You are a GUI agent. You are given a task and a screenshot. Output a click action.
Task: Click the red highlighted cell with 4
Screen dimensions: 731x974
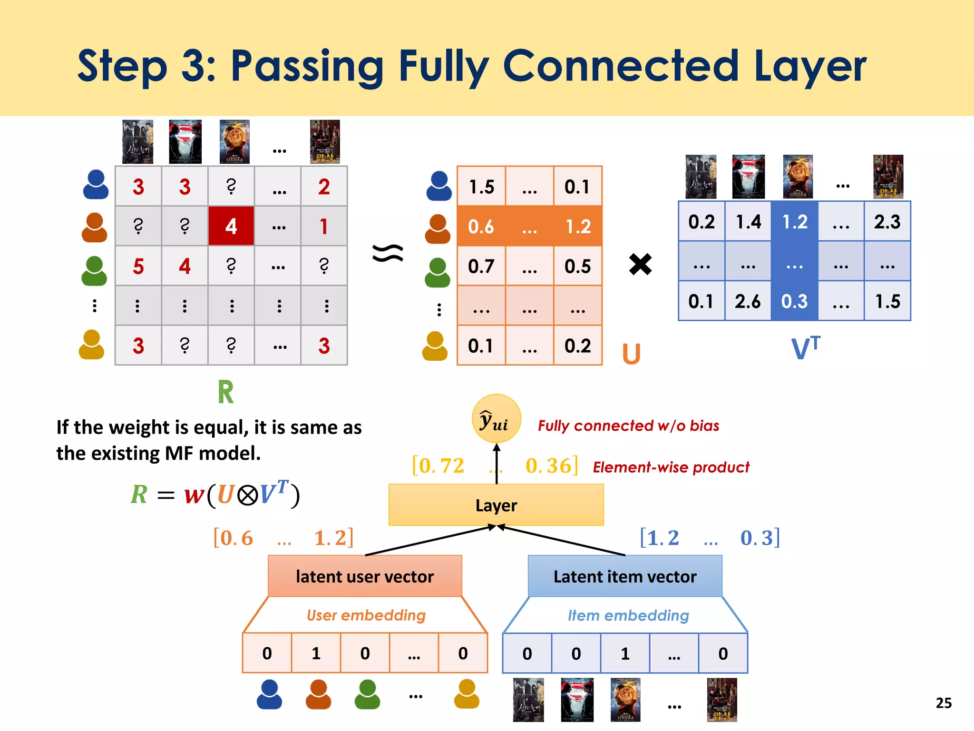point(231,226)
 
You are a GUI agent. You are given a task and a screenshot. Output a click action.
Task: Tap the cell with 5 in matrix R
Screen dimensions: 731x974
point(138,266)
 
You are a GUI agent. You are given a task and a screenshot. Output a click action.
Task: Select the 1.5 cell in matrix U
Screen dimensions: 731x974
point(481,187)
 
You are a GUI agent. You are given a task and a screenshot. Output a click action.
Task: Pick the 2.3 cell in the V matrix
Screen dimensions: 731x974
point(887,222)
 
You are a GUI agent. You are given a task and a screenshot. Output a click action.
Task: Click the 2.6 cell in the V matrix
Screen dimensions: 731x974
point(748,301)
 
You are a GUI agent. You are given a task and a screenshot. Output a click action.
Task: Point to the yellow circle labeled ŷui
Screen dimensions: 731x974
point(496,419)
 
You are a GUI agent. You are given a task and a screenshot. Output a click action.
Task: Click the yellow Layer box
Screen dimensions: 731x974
point(496,505)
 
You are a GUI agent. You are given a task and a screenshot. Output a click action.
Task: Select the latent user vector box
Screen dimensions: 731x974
point(365,576)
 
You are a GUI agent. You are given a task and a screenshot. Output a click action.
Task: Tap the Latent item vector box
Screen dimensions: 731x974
point(625,576)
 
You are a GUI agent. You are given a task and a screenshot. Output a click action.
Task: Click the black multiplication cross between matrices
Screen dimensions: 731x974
point(640,264)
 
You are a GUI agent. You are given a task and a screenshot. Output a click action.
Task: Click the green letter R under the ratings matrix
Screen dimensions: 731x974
point(226,392)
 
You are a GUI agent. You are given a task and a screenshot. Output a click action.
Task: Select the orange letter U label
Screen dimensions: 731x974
point(632,354)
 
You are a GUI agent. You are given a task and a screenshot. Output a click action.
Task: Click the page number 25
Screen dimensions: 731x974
point(944,703)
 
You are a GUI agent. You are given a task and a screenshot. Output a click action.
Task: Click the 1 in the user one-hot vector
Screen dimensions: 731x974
point(316,653)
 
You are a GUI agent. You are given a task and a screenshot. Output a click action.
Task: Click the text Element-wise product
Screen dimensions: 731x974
point(671,467)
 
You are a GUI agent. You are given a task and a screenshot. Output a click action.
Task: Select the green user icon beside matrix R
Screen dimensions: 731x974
point(94,271)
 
